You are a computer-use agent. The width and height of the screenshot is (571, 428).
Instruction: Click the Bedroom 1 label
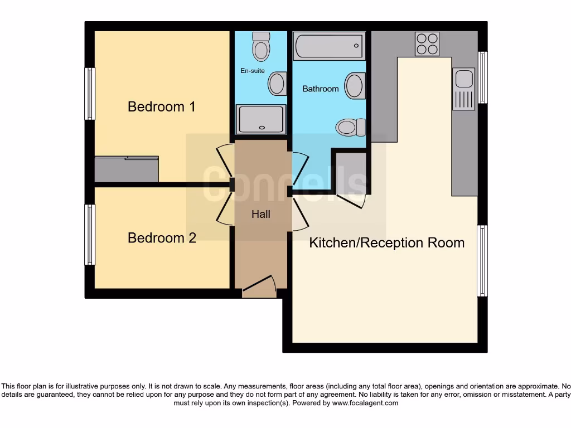tap(162, 106)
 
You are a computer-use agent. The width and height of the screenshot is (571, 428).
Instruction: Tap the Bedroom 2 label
tap(162, 238)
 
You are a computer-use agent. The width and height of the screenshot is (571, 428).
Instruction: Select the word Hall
tap(261, 214)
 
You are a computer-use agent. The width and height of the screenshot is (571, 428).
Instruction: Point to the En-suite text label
tap(253, 71)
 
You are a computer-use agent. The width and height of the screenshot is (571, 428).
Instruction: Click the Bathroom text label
tap(321, 89)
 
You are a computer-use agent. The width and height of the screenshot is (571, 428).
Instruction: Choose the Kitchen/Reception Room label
tap(387, 243)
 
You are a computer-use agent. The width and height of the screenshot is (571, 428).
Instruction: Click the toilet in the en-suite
tap(260, 47)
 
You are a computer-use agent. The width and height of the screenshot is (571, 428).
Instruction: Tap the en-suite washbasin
tap(277, 84)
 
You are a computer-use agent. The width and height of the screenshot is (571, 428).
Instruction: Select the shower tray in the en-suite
tap(260, 119)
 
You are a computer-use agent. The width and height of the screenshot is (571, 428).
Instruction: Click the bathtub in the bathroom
tap(330, 46)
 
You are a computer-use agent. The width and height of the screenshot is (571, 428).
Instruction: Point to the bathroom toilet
tap(350, 127)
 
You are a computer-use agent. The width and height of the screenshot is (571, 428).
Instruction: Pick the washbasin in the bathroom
tap(355, 86)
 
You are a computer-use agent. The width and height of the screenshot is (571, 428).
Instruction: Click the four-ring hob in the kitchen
tap(427, 44)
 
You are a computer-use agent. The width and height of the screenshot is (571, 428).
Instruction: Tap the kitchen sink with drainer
tap(463, 89)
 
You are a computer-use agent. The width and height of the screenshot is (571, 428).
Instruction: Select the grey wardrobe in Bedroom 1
tap(127, 169)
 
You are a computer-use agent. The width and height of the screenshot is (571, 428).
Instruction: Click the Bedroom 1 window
tap(89, 94)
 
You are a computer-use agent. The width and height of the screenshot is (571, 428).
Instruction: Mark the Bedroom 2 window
tap(89, 235)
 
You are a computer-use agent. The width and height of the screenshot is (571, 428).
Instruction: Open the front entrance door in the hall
tap(260, 286)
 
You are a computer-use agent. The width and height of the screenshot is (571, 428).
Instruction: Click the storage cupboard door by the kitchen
tap(351, 200)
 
